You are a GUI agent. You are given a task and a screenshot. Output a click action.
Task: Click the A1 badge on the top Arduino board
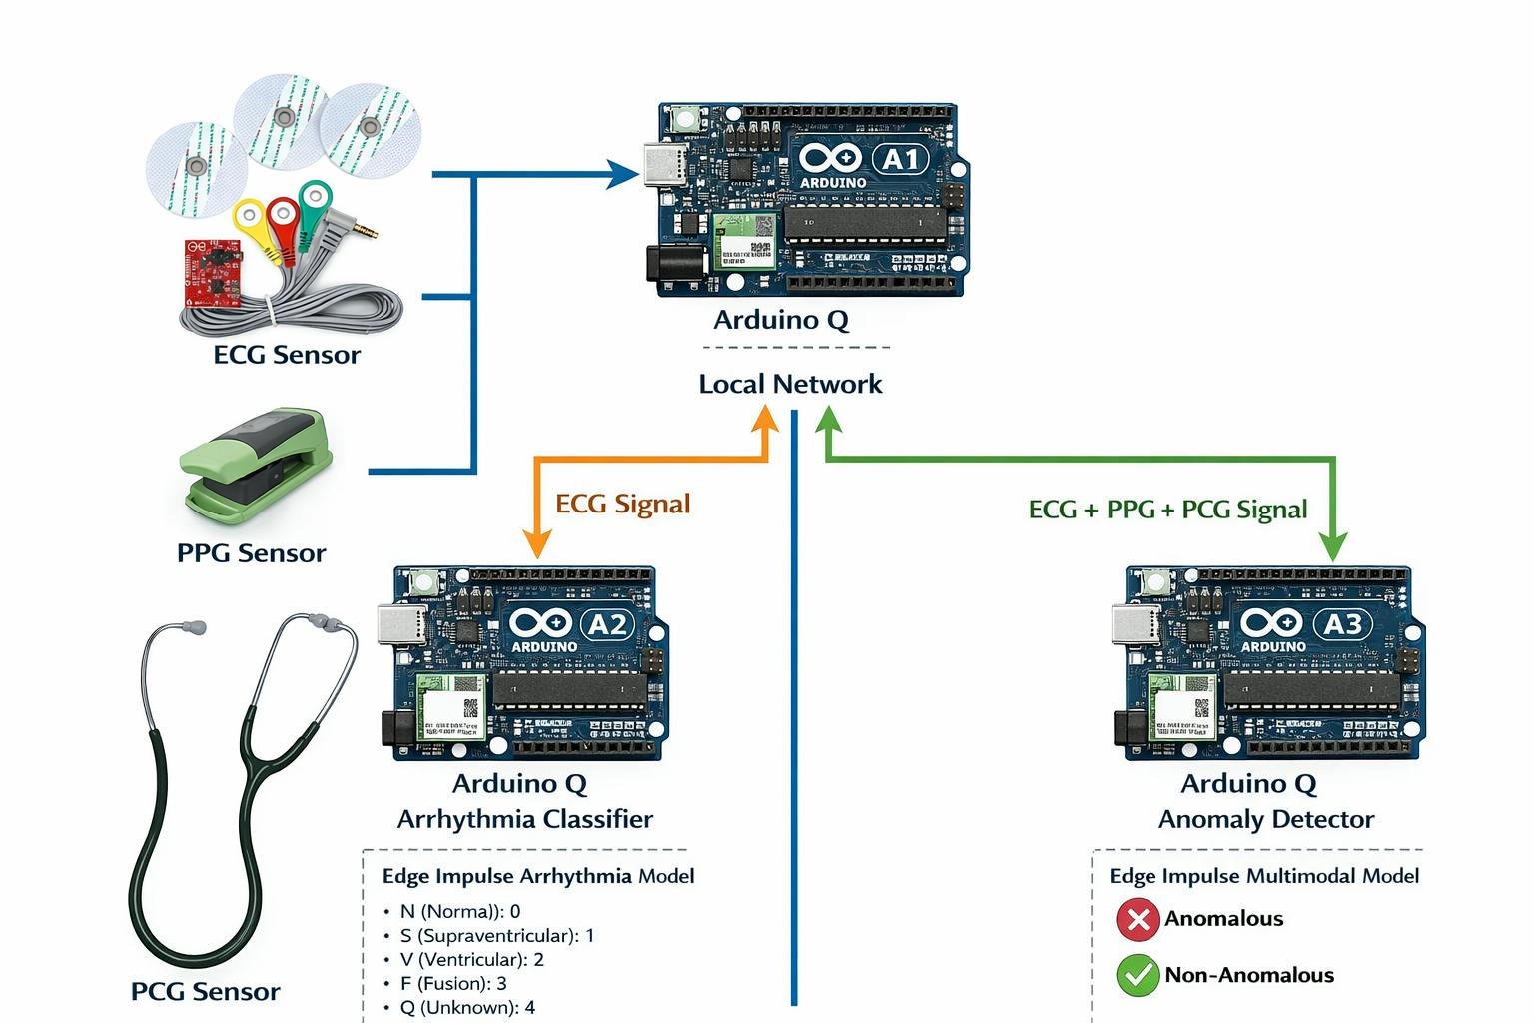900,159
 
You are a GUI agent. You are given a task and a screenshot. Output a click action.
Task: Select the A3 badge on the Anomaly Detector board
1342,624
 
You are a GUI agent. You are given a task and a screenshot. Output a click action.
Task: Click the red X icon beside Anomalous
1137,919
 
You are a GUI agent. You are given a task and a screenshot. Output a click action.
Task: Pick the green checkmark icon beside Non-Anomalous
1137,975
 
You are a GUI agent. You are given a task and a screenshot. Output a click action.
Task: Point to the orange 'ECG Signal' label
622,504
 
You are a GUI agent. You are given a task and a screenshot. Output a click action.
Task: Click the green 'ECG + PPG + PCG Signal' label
1167,510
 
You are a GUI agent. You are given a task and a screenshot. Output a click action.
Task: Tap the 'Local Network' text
790,384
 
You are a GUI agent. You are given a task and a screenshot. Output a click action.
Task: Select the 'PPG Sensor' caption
251,553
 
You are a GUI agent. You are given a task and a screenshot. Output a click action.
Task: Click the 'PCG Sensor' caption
205,992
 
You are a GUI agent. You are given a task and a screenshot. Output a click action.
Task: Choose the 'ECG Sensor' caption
287,355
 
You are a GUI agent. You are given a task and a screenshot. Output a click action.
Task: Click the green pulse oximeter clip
256,465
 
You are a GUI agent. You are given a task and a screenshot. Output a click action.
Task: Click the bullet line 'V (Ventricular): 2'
471,960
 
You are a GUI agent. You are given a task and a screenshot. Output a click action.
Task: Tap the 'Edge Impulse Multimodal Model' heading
1263,876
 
